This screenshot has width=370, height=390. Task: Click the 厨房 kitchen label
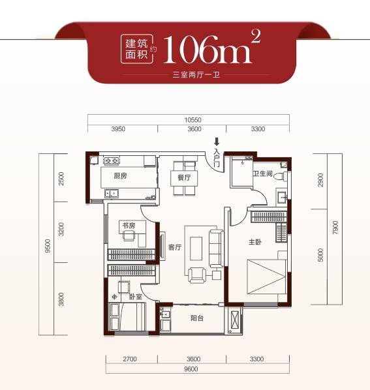[x=121, y=176]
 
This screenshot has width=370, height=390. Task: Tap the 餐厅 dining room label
[x=184, y=177]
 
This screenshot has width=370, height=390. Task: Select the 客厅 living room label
[x=175, y=247]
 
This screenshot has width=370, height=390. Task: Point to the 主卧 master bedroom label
[x=255, y=242]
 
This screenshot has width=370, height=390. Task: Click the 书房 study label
[x=129, y=226]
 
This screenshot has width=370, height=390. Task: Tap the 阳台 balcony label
[x=197, y=318]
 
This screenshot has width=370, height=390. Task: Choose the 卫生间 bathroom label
[x=263, y=173]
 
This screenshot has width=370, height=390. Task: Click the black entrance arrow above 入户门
[x=217, y=142]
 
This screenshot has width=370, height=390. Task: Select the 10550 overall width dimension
[x=193, y=120]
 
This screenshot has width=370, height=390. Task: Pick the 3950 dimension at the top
[x=119, y=129]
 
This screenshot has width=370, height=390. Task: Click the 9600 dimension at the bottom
[x=191, y=369]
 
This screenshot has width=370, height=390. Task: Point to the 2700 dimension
[x=130, y=359]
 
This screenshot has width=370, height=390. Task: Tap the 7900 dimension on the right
[x=335, y=228]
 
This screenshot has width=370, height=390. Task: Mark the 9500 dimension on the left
[x=48, y=246]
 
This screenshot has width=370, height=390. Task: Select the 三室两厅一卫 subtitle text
[x=196, y=74]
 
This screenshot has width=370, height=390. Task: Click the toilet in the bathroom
[x=280, y=176]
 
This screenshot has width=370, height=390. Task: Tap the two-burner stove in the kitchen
[x=112, y=160]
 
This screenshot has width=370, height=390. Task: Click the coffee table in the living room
[x=196, y=248]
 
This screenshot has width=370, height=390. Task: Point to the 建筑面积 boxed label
[x=136, y=49]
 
